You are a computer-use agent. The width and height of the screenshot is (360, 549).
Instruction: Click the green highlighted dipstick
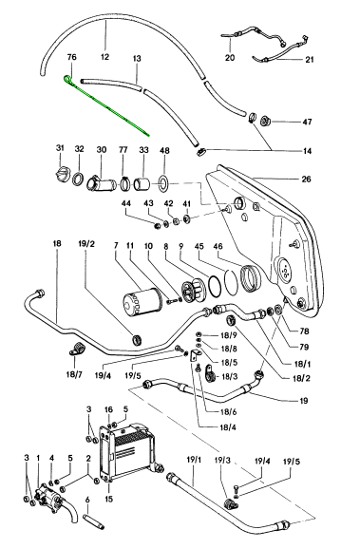click(x=106, y=106)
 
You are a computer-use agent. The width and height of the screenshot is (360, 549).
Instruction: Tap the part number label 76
click(x=71, y=57)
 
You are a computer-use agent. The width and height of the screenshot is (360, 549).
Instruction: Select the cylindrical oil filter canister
click(x=142, y=301)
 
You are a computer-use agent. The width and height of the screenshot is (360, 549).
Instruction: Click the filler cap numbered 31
click(x=62, y=173)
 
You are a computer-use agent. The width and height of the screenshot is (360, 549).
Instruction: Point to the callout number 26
click(x=306, y=180)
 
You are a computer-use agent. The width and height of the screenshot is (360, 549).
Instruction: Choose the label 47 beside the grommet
click(x=307, y=122)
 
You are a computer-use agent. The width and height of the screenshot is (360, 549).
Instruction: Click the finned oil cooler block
click(x=127, y=452)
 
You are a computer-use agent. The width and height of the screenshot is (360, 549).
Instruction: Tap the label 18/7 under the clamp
click(x=74, y=374)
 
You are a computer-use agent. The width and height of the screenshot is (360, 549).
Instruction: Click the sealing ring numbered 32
click(x=79, y=180)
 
